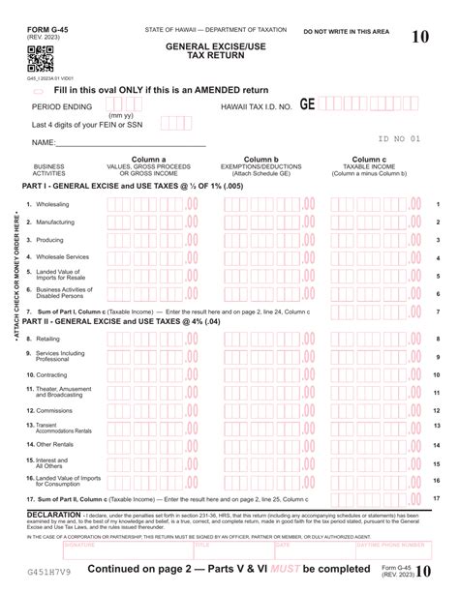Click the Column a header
tap(150, 159)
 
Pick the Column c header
tap(370, 159)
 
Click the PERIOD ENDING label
tap(62, 106)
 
